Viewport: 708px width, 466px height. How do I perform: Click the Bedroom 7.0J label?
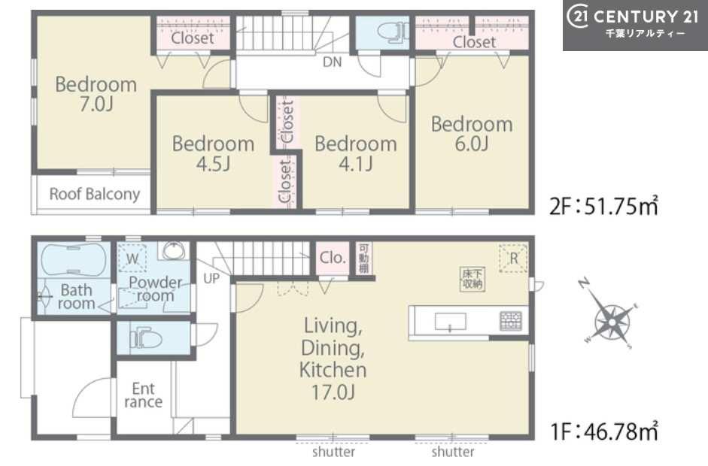point(96,94)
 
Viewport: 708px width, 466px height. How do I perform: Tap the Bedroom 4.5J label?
point(213,153)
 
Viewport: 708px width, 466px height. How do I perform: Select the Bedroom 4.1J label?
point(356,153)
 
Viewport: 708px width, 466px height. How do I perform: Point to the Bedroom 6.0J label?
point(472,134)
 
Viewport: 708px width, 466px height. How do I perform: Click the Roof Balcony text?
point(94,194)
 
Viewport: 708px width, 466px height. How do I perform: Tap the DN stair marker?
point(333,62)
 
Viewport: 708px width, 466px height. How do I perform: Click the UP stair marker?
point(211,279)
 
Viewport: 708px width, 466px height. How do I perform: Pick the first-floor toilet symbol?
point(146,338)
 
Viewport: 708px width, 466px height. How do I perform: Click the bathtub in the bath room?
point(74,259)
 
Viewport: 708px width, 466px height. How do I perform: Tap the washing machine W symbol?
point(132,259)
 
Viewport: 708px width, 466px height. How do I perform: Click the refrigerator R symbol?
point(513,259)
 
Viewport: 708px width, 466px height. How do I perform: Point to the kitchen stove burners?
point(511,321)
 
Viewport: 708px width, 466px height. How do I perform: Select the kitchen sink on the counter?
point(450,322)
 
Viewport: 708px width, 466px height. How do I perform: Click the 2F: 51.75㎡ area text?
point(603,207)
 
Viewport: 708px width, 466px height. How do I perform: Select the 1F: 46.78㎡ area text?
point(603,431)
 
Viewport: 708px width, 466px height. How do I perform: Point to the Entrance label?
point(143,395)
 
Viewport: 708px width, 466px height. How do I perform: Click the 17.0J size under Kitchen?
point(333,392)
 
